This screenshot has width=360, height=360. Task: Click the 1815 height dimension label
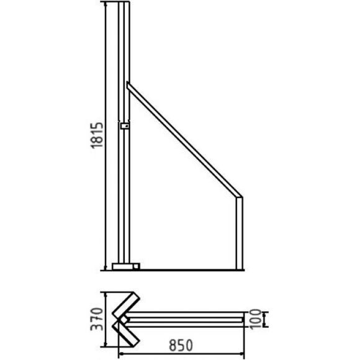click(97, 136)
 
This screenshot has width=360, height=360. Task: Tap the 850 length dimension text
click(181, 346)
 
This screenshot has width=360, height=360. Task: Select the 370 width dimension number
click(97, 319)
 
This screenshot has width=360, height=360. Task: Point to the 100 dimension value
click(255, 319)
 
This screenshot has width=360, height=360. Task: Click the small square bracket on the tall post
click(125, 126)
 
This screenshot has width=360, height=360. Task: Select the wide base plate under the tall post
click(123, 266)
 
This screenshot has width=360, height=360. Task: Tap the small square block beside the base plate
click(137, 266)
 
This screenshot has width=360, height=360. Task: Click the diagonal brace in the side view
click(184, 140)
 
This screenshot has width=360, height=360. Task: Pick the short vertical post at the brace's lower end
click(239, 233)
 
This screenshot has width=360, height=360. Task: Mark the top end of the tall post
click(124, 2)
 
